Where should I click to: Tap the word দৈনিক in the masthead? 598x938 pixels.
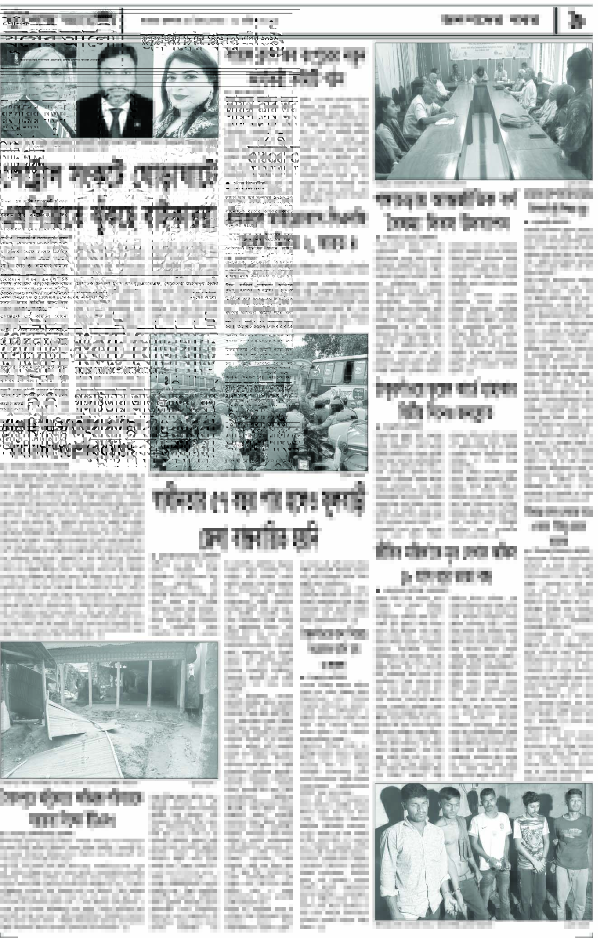click(15, 21)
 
